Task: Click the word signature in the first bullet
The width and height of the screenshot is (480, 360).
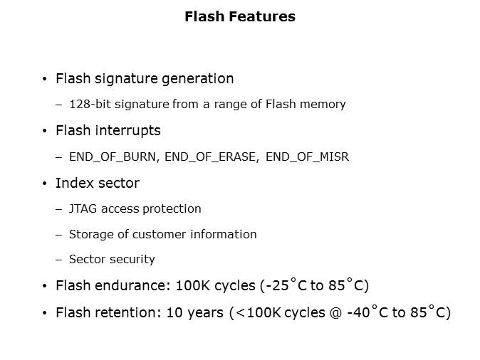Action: point(126,79)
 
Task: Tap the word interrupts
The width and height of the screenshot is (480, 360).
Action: point(127,131)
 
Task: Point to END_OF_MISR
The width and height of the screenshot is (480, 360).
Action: point(307,157)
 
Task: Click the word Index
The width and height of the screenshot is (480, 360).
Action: point(75,183)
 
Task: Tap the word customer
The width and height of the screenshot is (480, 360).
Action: point(159,234)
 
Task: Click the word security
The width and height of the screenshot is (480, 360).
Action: point(132,260)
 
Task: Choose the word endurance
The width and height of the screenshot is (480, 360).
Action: point(132,285)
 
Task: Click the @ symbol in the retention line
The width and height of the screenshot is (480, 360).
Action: point(335,313)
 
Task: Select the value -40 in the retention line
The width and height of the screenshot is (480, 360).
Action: point(359,312)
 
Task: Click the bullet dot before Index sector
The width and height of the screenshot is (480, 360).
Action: point(45,184)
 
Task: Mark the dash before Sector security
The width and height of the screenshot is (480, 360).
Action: point(59,260)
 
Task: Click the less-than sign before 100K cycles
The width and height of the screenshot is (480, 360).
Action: point(240,313)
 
